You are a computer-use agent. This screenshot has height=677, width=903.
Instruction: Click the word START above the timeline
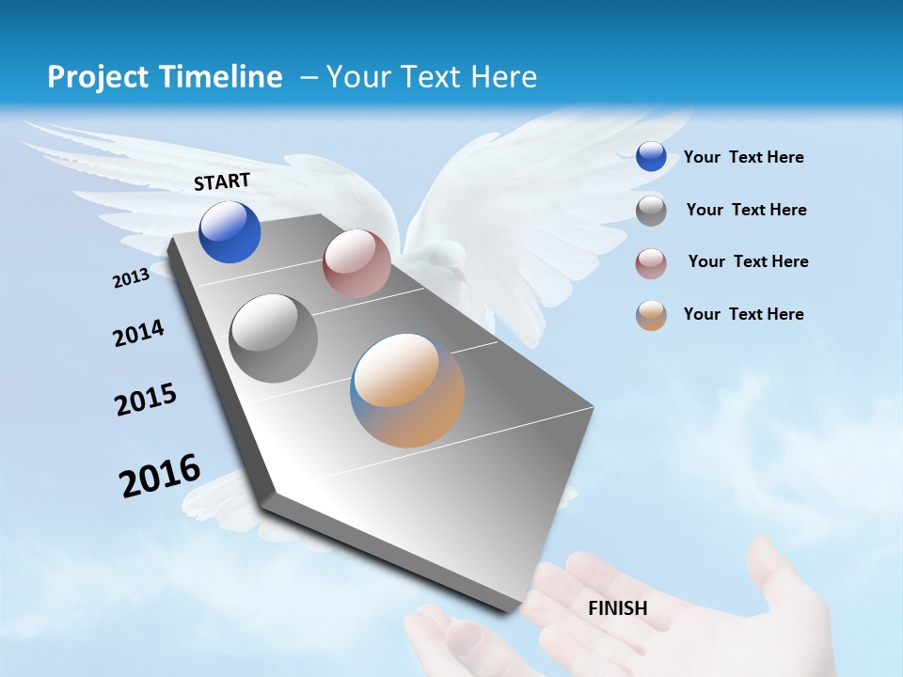222,181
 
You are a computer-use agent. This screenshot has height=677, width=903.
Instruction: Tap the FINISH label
618,608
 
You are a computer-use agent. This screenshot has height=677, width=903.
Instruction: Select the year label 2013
131,277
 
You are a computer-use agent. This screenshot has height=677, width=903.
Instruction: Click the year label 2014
138,333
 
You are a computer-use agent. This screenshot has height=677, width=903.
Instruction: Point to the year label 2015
146,400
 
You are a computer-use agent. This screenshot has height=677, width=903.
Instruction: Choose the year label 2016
160,475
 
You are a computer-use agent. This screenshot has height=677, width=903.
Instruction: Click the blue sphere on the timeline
230,231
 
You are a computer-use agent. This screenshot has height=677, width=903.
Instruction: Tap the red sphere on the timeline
356,263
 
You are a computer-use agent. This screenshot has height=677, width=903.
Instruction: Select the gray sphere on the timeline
274,338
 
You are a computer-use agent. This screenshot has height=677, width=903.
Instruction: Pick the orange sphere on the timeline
407,390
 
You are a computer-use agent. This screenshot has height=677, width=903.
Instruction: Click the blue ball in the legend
651,156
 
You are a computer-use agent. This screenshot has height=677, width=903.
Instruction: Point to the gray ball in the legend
651,211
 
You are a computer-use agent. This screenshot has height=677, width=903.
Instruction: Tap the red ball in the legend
651,263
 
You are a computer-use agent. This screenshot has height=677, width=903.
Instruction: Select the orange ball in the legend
651,315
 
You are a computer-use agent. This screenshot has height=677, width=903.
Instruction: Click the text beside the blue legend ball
743,157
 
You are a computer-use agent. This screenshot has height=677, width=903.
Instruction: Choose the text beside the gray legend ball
746,210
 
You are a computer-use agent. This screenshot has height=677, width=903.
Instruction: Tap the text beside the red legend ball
748,261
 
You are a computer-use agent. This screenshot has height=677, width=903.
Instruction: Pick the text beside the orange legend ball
743,314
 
